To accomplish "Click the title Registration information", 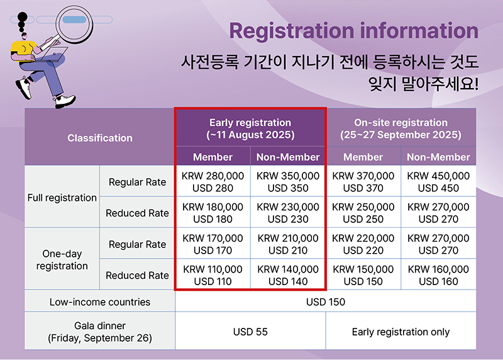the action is [x=353, y=31].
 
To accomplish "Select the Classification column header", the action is [x=100, y=138].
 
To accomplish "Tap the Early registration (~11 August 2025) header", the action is [x=250, y=128].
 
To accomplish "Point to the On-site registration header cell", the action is [x=401, y=128].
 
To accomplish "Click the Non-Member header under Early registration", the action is [x=288, y=157].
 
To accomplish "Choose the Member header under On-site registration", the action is [x=363, y=157].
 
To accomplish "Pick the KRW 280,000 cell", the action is [x=213, y=182].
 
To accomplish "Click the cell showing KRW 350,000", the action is [x=288, y=182].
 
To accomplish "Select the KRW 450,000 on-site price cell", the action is [x=438, y=182].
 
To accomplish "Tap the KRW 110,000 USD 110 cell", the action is [x=213, y=275].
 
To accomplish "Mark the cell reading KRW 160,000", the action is [x=438, y=275].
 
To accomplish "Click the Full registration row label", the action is [x=62, y=198].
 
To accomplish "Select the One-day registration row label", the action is [x=62, y=259].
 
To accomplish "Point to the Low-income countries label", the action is [x=100, y=302].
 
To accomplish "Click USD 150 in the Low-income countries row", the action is [x=326, y=302].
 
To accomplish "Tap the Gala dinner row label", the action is [x=100, y=332].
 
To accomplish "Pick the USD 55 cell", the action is [x=250, y=332].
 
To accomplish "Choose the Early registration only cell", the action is [x=401, y=332].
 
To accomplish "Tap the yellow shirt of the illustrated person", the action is [x=23, y=48].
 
